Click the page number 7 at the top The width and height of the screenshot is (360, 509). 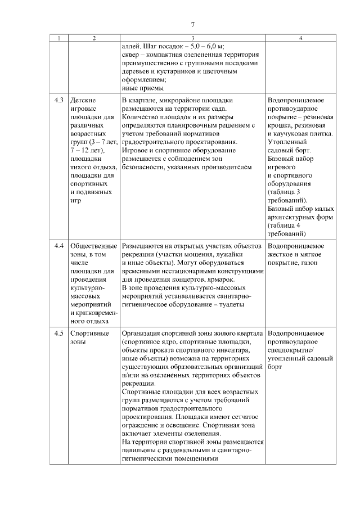click(192, 24)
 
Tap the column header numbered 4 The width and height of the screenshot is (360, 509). click(301, 38)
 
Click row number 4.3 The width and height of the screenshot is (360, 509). click(59, 100)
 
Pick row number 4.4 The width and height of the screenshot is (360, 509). click(59, 246)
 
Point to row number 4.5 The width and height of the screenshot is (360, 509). click(59, 334)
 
